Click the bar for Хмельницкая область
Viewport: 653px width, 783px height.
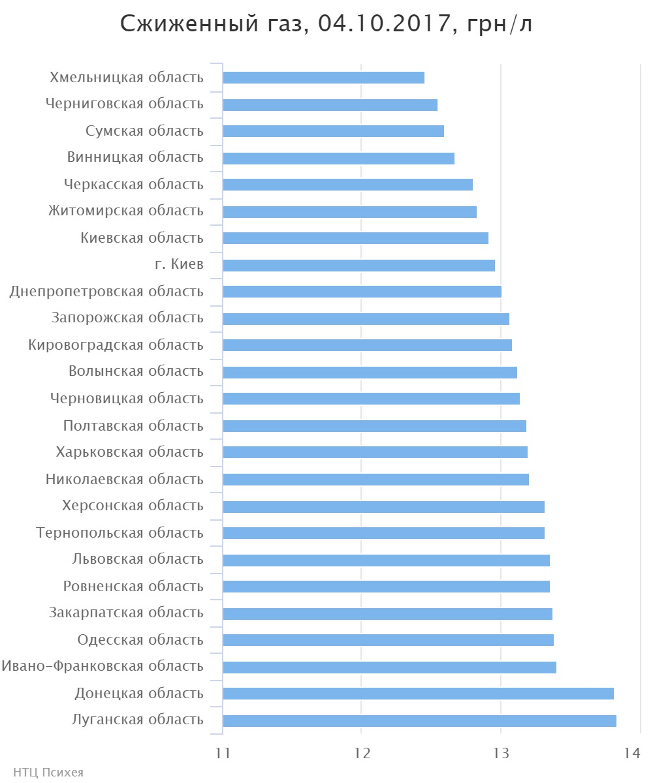[323, 78]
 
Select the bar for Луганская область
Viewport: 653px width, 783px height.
[419, 720]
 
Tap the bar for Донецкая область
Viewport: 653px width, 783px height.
[418, 694]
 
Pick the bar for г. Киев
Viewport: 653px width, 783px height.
[358, 265]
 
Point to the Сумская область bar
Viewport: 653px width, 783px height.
[333, 131]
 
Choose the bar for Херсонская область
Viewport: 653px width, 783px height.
[383, 506]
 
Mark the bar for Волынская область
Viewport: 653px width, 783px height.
[370, 372]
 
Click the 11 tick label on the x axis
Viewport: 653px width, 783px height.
[223, 752]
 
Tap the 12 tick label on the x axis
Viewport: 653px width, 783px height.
[362, 752]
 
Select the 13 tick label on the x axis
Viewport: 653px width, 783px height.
[501, 752]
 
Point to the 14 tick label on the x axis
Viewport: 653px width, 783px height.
[631, 752]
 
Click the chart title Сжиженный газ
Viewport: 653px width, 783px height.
[327, 24]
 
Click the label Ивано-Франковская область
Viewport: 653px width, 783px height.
[103, 666]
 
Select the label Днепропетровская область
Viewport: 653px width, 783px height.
[106, 292]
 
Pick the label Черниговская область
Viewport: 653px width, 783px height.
[125, 104]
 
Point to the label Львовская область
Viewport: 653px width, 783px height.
[138, 559]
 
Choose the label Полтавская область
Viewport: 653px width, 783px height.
[133, 425]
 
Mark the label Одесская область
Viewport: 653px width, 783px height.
[140, 639]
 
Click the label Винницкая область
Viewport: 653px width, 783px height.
[135, 157]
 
